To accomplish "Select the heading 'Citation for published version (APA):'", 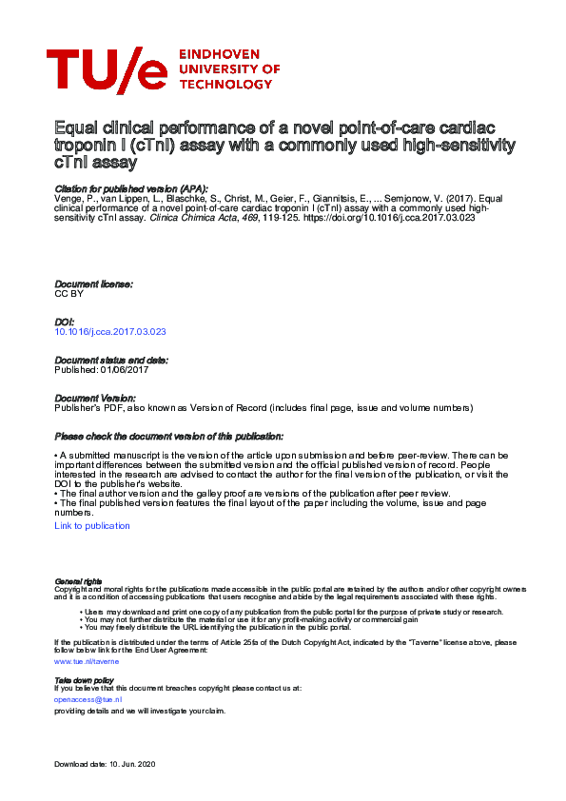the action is coord(131,188).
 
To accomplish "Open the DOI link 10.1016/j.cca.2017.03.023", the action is coord(110,332).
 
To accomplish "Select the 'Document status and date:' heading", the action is coord(111,360).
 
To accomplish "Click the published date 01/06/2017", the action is coord(125,369).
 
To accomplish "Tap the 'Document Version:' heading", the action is coord(95,398).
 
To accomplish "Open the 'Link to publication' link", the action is coord(92,525).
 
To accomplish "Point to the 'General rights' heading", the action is coord(78,580).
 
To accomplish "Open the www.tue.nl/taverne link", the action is coord(87,660).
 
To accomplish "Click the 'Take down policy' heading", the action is coord(84,681).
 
